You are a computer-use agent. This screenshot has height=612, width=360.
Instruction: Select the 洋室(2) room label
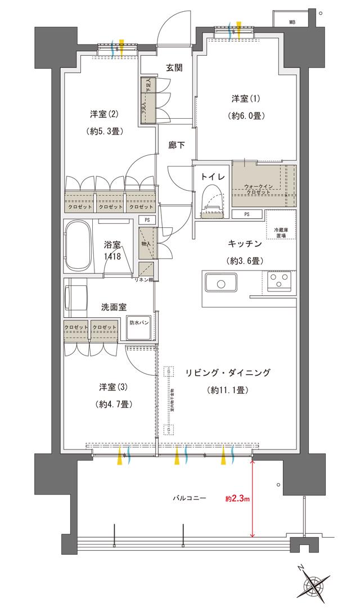coord(105,115)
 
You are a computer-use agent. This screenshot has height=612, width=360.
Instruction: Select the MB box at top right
coord(292,22)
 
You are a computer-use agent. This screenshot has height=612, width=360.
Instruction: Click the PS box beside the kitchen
coord(247,214)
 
